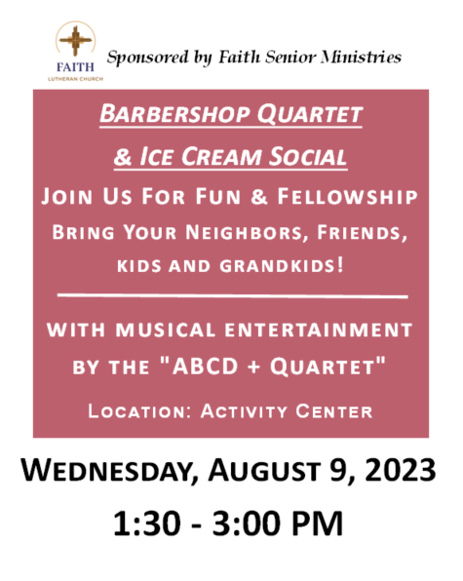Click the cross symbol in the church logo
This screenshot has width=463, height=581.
click(x=76, y=40)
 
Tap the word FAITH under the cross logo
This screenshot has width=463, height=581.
click(x=75, y=67)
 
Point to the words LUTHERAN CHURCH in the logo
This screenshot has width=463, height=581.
click(x=75, y=79)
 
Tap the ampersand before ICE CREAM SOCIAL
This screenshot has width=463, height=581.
click(x=123, y=157)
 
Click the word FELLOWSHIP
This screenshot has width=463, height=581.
click(x=347, y=196)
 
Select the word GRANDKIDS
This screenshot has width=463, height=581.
click(x=282, y=266)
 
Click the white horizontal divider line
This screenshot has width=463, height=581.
click(x=232, y=295)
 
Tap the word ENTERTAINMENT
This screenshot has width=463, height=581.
click(x=318, y=329)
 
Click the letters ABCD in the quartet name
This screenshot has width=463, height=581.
click(x=205, y=367)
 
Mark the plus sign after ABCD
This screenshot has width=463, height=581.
click(x=253, y=368)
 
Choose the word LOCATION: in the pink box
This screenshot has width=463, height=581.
click(x=139, y=411)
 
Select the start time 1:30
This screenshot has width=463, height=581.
click(x=146, y=523)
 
